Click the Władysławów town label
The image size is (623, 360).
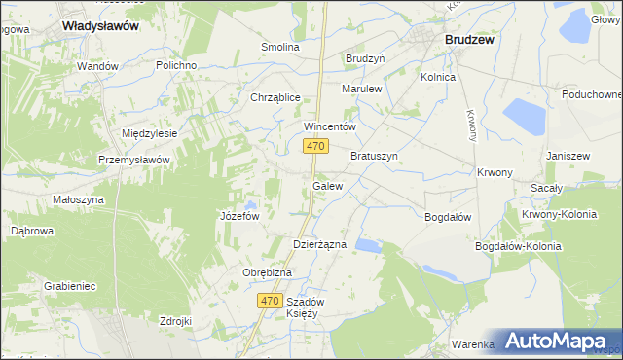coord(100,26)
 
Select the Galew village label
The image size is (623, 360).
coord(327,185)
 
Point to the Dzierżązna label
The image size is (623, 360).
coord(320,244)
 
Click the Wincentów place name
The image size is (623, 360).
coord(331,126)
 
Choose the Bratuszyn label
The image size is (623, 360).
coord(375,156)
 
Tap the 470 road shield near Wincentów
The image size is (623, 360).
coord(313,146)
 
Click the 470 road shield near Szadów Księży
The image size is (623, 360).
coord(273,302)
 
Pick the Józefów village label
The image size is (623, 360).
coord(238,216)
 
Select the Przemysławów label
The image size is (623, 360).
coord(134,160)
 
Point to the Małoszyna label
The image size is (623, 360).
coord(78,199)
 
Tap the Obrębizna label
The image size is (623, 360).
coord(267,272)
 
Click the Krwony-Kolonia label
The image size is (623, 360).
coord(558,214)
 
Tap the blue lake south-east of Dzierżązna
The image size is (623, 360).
coord(369,245)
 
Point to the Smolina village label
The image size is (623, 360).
coord(280,47)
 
